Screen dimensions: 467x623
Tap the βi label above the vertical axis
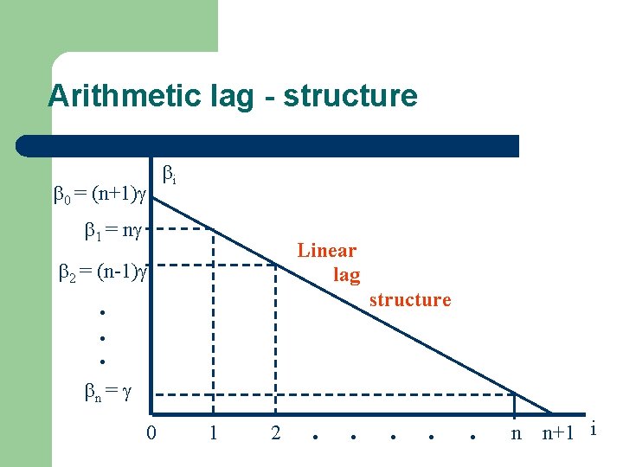[x=170, y=176]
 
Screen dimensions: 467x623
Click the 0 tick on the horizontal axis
[x=151, y=432]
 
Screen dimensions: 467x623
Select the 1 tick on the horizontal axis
[x=213, y=432]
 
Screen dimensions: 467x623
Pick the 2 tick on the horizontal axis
[x=275, y=432]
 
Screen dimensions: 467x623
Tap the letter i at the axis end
[x=593, y=428]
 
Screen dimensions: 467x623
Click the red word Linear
[x=326, y=251]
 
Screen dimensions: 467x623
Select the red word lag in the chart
[x=347, y=275]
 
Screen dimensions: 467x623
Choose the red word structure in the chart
[x=410, y=300]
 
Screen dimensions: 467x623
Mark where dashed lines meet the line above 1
[x=213, y=230]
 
